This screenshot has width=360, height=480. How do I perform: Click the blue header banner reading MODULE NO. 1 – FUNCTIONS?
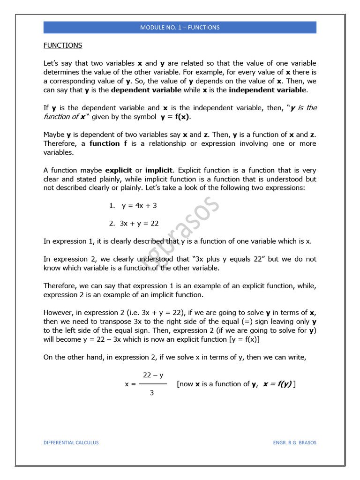click(180, 27)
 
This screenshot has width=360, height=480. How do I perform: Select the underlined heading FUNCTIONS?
click(63, 45)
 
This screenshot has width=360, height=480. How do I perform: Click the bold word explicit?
click(119, 170)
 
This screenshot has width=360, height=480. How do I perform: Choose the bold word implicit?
click(159, 170)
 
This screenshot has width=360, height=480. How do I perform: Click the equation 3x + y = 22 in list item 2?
click(140, 224)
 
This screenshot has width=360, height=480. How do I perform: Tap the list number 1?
click(111, 205)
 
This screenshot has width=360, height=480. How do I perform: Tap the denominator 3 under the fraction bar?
click(151, 393)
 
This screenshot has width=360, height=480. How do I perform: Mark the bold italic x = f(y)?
click(277, 384)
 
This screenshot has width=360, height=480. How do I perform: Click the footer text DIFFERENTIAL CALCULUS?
click(71, 442)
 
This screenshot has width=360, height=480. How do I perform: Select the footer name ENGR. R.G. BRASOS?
click(294, 442)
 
